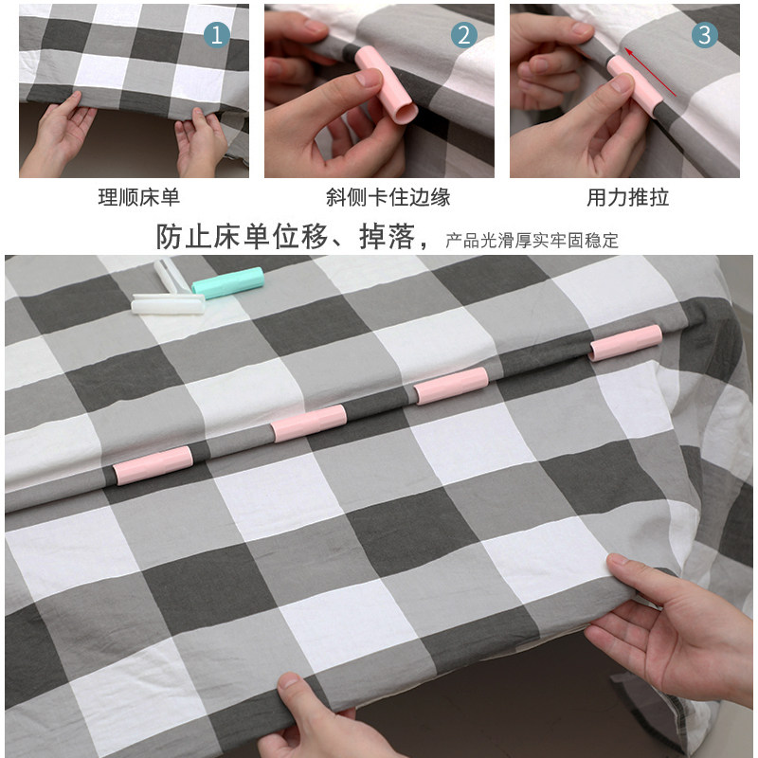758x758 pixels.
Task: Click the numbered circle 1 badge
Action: pos(217,35)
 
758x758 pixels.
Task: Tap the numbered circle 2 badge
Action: pos(463,35)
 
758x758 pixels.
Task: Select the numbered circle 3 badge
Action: pos(704,35)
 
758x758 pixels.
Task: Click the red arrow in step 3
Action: pos(650,72)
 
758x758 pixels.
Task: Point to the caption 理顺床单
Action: pos(139,197)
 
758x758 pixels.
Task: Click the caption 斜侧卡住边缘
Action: pos(388,197)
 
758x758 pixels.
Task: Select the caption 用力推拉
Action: pos(628,197)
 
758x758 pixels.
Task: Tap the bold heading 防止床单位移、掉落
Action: pos(285,237)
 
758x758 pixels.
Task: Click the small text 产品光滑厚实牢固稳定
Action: pos(532,241)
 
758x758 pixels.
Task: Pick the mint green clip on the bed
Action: pos(227,282)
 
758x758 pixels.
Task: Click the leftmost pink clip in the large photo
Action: pos(153,465)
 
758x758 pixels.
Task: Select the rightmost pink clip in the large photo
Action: pos(625,343)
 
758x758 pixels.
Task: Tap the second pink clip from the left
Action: pos(309,423)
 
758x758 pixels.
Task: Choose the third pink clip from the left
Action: pos(452,386)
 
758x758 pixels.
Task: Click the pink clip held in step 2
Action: pos(387,84)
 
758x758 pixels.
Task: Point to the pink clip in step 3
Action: pos(635,86)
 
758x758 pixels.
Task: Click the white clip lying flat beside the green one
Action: pos(168,304)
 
